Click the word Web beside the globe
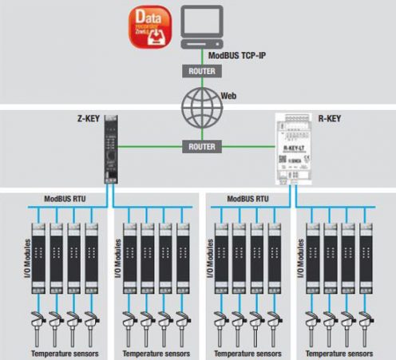coord(228,96)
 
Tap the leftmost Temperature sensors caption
coord(62,352)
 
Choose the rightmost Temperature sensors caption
coord(339,352)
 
